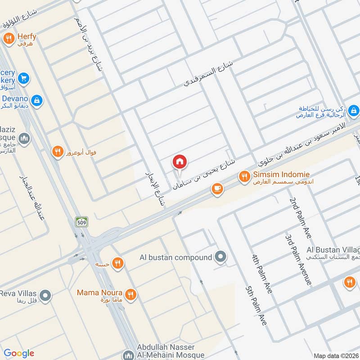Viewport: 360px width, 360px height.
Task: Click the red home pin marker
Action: [180, 162]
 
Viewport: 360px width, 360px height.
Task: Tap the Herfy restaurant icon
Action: [8, 39]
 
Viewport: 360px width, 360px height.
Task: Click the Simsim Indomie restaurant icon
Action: [244, 176]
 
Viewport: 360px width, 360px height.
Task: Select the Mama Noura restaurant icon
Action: [131, 295]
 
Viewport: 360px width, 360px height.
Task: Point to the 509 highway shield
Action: [81, 221]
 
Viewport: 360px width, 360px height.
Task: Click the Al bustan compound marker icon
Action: [220, 257]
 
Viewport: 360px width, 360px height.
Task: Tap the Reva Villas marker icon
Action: [45, 296]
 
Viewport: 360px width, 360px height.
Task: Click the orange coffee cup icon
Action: [217, 189]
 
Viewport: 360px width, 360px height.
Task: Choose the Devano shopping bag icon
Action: [37, 100]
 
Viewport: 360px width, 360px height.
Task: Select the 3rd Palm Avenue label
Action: [298, 258]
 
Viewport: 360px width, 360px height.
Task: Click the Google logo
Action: [18, 353]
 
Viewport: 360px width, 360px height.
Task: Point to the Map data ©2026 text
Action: [335, 355]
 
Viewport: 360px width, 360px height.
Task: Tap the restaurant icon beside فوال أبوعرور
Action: [57, 152]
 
